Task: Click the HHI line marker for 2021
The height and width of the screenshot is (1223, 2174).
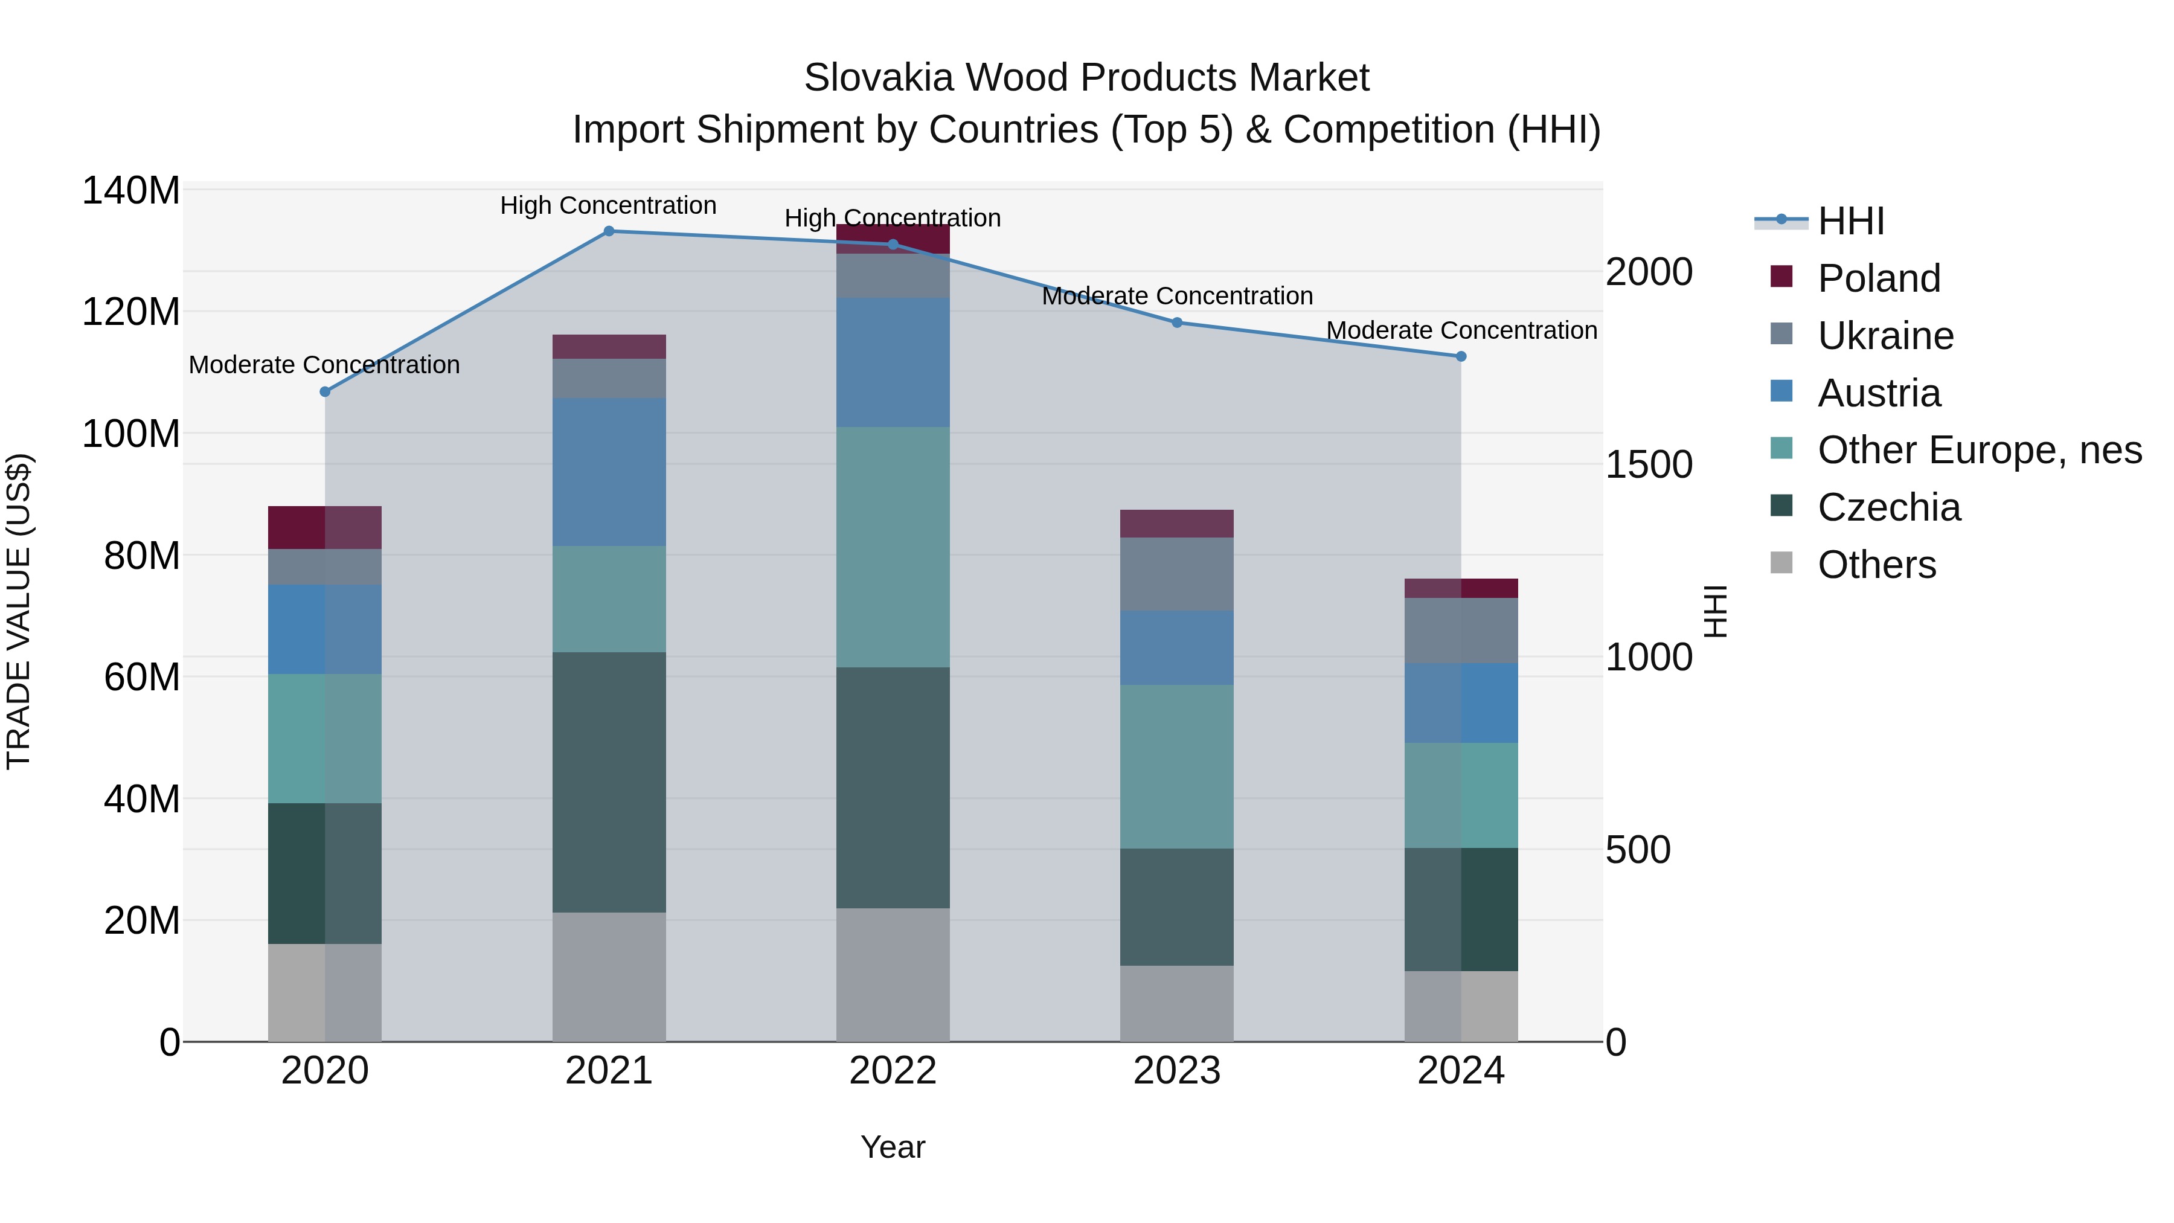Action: point(609,231)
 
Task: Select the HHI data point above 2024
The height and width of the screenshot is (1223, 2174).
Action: point(1461,356)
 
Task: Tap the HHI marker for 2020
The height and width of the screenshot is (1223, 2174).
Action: point(325,391)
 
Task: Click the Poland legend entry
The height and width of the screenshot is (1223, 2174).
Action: point(1879,278)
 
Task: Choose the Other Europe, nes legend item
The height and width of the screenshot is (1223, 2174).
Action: point(1979,450)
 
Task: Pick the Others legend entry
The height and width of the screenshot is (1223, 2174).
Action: point(1876,565)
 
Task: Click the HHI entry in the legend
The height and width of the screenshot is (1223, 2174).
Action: point(1851,221)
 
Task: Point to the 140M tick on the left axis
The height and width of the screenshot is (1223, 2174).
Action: point(131,191)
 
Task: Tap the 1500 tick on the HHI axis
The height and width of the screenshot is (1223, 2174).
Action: point(1648,465)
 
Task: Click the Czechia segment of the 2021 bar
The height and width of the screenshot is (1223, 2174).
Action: point(609,782)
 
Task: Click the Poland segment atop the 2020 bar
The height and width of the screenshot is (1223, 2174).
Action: point(325,527)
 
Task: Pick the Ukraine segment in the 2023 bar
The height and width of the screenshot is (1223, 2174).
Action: point(1176,574)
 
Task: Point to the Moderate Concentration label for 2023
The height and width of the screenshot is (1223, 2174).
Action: point(1176,297)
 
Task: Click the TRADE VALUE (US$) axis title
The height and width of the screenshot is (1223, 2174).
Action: point(19,611)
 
